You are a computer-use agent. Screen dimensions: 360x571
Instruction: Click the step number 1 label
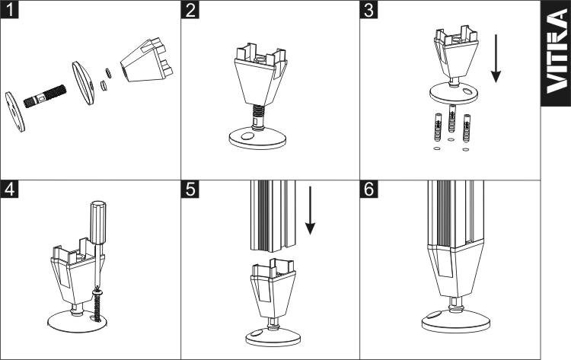point(10,10)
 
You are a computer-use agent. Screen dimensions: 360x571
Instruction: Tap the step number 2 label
point(190,10)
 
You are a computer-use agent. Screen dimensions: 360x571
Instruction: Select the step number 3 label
point(370,10)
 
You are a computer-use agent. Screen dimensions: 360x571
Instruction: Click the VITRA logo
point(557,61)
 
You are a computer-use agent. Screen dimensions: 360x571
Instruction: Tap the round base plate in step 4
point(76,320)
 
